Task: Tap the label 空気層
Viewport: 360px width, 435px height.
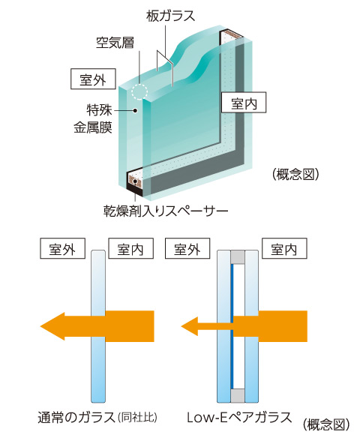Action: [x=115, y=42]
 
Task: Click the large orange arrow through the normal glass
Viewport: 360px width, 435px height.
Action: [x=97, y=325]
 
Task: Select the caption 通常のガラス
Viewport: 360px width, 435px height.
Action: [x=77, y=415]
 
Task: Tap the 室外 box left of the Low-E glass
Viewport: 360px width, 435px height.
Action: [x=190, y=249]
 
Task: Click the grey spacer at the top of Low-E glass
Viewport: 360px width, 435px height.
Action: [x=238, y=258]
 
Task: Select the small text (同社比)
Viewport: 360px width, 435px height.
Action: [x=136, y=416]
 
